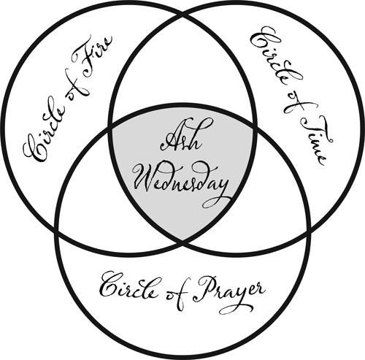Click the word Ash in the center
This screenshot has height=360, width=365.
click(181, 137)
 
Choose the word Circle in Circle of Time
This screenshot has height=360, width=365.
click(276, 61)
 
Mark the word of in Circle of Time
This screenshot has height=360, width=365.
click(296, 104)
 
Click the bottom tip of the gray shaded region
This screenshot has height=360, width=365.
click(182, 242)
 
